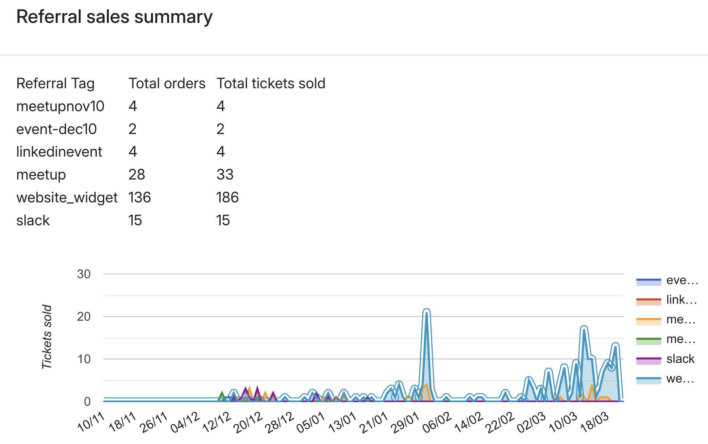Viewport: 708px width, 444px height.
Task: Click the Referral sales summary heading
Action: coord(114,17)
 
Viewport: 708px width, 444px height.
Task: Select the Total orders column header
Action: coord(167,83)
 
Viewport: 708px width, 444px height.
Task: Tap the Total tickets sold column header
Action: coord(271,83)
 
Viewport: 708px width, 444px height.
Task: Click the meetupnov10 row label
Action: coord(60,106)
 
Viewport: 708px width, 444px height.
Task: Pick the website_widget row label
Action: coord(67,197)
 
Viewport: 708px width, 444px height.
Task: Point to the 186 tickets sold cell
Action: coord(227,197)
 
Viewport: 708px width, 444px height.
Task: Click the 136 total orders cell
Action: coord(139,197)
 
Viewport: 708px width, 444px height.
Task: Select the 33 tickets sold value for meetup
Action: coord(225,175)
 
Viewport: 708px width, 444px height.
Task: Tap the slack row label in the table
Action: coord(33,220)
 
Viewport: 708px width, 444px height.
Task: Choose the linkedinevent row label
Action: coord(59,152)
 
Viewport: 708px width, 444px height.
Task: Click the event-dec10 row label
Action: coord(57,129)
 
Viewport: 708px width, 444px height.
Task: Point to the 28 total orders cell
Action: coord(136,175)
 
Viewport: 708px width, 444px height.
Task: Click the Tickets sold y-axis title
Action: coord(47,337)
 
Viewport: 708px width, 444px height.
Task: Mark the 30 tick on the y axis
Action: coord(84,274)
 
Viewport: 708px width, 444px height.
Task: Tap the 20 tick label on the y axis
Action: coord(84,316)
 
